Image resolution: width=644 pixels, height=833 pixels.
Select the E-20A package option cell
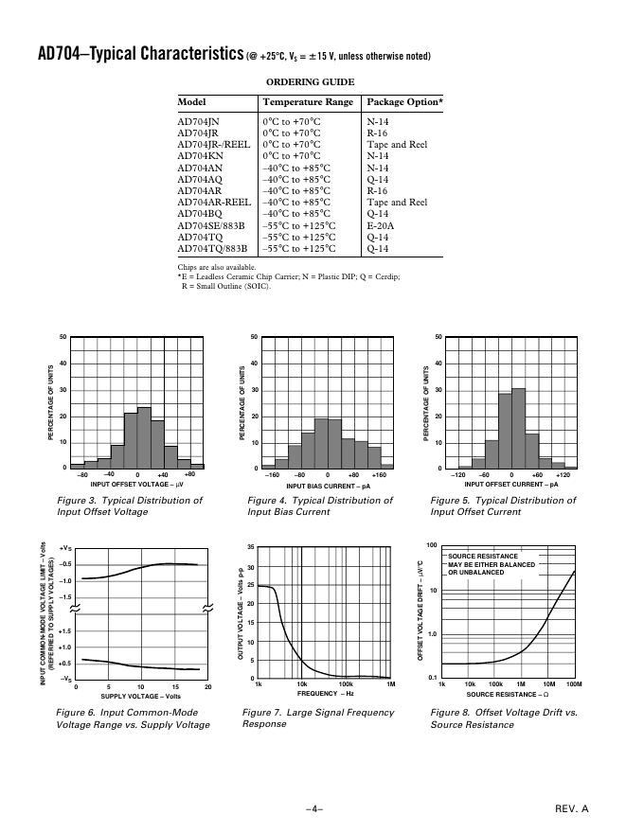coord(380,225)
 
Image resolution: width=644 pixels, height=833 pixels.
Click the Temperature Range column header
coord(308,102)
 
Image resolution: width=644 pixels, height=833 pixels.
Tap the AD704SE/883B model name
coord(211,225)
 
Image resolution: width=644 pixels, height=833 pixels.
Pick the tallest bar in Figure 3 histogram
coord(144,437)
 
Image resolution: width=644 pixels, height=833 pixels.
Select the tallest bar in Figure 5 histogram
coord(518,428)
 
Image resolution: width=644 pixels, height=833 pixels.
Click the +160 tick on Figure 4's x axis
coord(379,474)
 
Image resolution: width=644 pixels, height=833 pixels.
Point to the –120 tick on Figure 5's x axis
coord(458,474)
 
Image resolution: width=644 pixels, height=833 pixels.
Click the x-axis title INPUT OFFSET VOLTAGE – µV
coord(136,484)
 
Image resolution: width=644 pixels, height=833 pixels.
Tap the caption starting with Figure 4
coord(319,505)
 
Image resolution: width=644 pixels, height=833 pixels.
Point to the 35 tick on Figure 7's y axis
coord(249,548)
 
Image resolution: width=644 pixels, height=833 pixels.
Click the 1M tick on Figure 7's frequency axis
coord(390,683)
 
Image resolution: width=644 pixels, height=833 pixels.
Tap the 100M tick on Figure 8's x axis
coord(573,683)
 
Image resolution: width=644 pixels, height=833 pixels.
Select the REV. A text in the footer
coord(571,808)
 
